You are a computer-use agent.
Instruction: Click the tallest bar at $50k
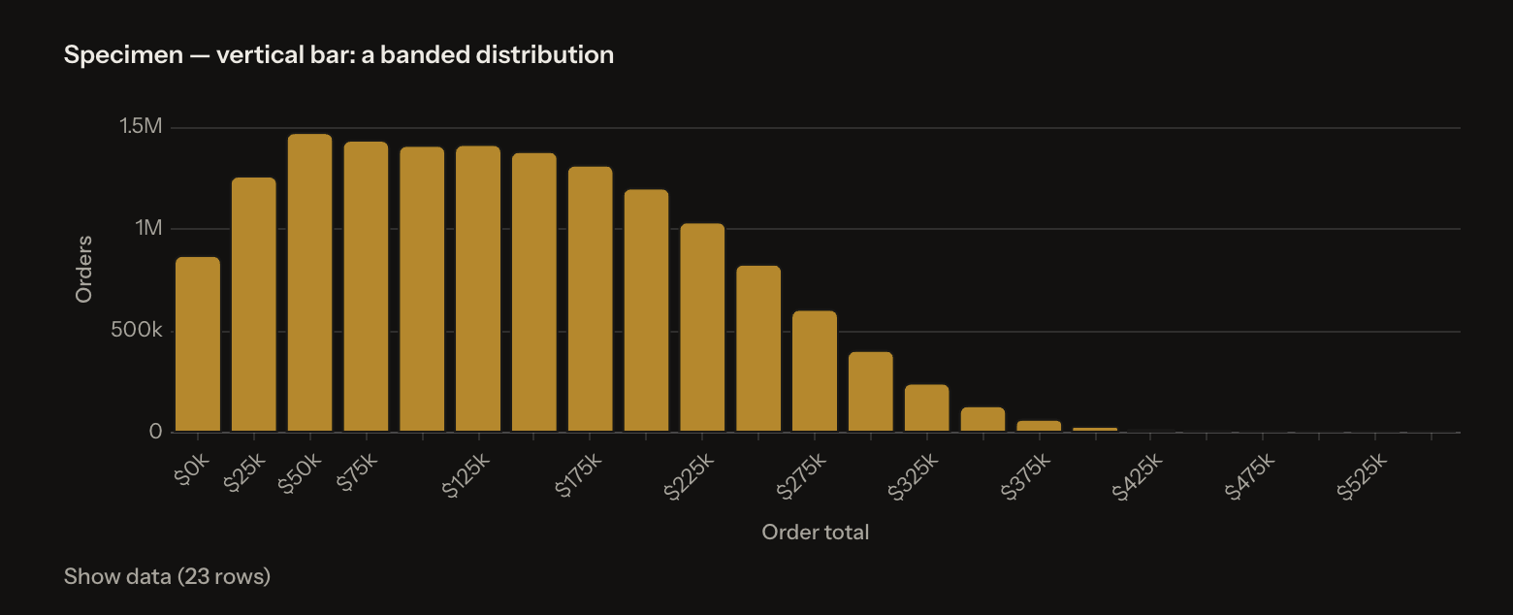[x=310, y=282]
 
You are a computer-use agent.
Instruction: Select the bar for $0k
[x=198, y=344]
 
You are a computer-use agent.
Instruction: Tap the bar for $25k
[x=254, y=305]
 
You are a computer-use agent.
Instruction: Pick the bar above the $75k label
[x=366, y=286]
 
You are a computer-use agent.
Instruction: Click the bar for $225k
[x=702, y=327]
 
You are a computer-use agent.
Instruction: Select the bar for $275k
[x=815, y=371]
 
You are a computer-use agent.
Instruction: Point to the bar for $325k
[x=927, y=407]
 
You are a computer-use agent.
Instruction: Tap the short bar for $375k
[x=1039, y=426]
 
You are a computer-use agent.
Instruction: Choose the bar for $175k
[x=591, y=299]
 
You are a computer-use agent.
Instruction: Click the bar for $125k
[x=478, y=288]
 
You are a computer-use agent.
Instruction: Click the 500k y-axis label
[x=137, y=330]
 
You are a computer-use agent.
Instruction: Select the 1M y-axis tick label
[x=148, y=228]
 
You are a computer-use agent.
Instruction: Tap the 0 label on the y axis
[x=155, y=431]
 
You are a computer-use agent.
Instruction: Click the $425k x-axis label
[x=1138, y=477]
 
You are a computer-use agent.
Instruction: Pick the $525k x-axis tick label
[x=1362, y=477]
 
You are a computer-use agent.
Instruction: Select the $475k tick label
[x=1249, y=477]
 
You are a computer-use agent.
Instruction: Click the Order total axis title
[x=816, y=533]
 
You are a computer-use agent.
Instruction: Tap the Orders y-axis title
[x=83, y=269]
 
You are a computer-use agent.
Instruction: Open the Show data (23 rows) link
[x=167, y=576]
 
